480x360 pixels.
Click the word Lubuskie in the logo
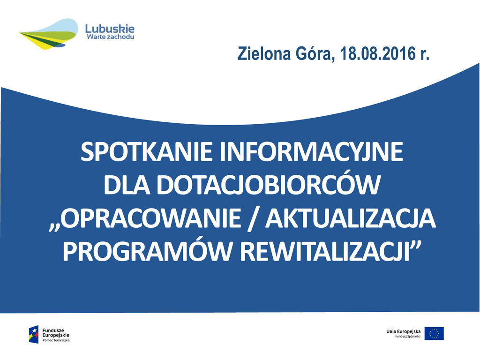click(110, 29)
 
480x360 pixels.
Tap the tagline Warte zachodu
click(111, 37)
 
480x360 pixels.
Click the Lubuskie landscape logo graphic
click(49, 34)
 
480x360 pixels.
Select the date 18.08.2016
click(377, 53)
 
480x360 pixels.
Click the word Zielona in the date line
click(264, 53)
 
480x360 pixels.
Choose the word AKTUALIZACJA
click(350, 219)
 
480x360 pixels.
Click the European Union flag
click(434, 333)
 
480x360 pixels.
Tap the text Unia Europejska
click(403, 331)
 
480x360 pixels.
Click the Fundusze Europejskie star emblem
click(34, 334)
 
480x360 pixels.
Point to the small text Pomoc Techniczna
click(56, 340)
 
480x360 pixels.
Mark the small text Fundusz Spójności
click(408, 337)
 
